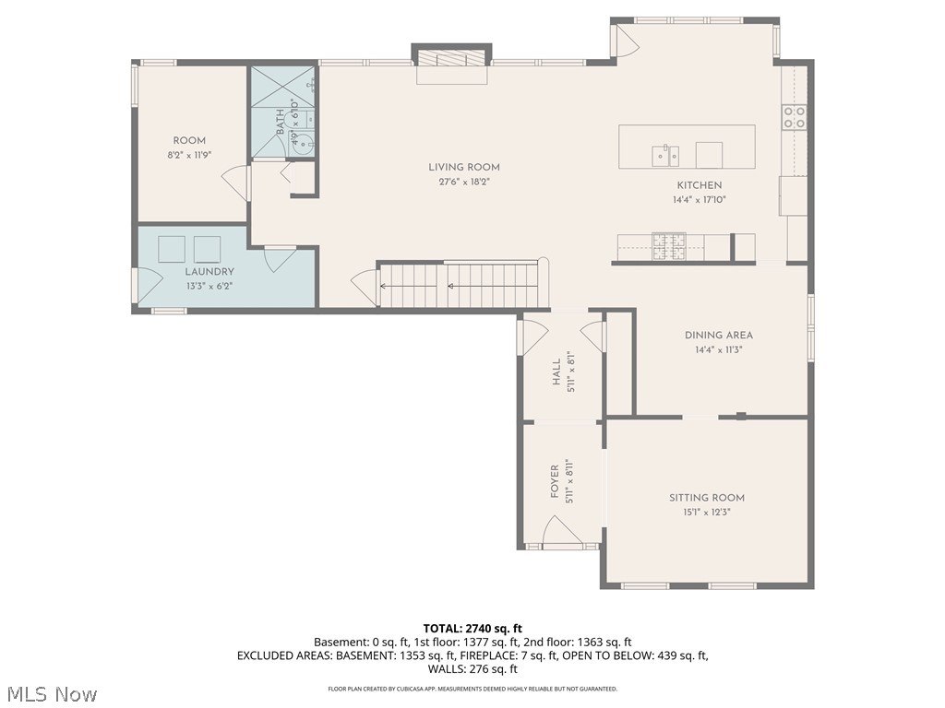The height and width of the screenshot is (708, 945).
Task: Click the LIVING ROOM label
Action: tap(464, 167)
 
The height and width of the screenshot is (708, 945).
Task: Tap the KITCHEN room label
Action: tap(700, 185)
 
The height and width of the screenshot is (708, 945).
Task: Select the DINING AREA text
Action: tap(719, 336)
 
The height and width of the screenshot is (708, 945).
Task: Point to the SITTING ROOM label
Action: tap(707, 498)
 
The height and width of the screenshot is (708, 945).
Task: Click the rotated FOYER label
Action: tap(556, 482)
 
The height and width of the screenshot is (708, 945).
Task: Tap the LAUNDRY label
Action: tap(209, 272)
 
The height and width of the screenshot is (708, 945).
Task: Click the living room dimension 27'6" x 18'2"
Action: tap(464, 182)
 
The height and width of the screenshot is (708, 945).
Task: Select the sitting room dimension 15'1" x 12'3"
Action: tap(707, 512)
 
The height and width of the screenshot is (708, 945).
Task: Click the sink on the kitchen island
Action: tap(664, 154)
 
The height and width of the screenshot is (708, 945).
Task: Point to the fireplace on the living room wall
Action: tap(451, 57)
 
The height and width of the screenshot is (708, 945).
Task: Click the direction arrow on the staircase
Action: tap(452, 286)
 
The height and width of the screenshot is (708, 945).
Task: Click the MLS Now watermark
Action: tap(52, 692)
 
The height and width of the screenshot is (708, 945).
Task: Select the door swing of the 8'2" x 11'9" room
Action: tap(237, 183)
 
